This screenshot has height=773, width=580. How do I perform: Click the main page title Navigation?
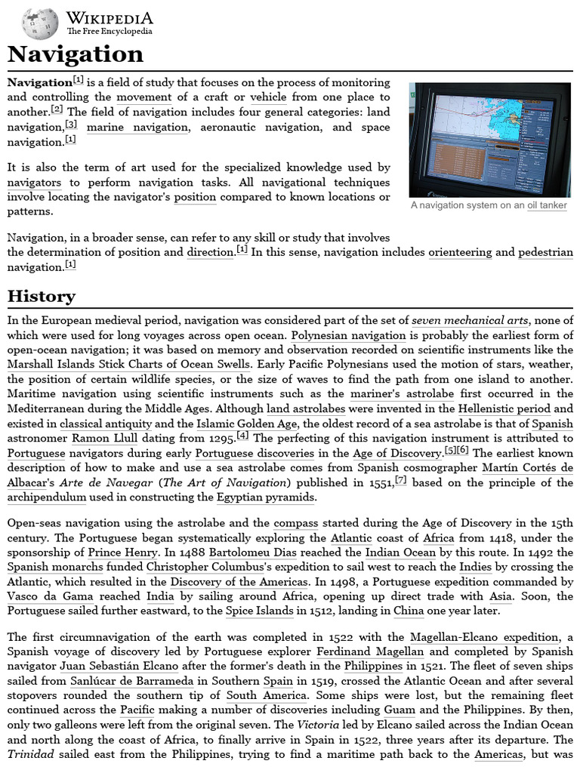pyautogui.click(x=76, y=54)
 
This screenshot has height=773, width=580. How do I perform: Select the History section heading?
pyautogui.click(x=42, y=296)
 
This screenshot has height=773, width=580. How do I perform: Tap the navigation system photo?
pyautogui.click(x=489, y=140)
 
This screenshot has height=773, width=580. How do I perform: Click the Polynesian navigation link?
pyautogui.click(x=349, y=335)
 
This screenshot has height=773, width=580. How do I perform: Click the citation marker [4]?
pyautogui.click(x=242, y=436)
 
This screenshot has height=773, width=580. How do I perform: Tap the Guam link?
pyautogui.click(x=400, y=710)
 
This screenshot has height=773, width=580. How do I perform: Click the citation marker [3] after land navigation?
pyautogui.click(x=71, y=124)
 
